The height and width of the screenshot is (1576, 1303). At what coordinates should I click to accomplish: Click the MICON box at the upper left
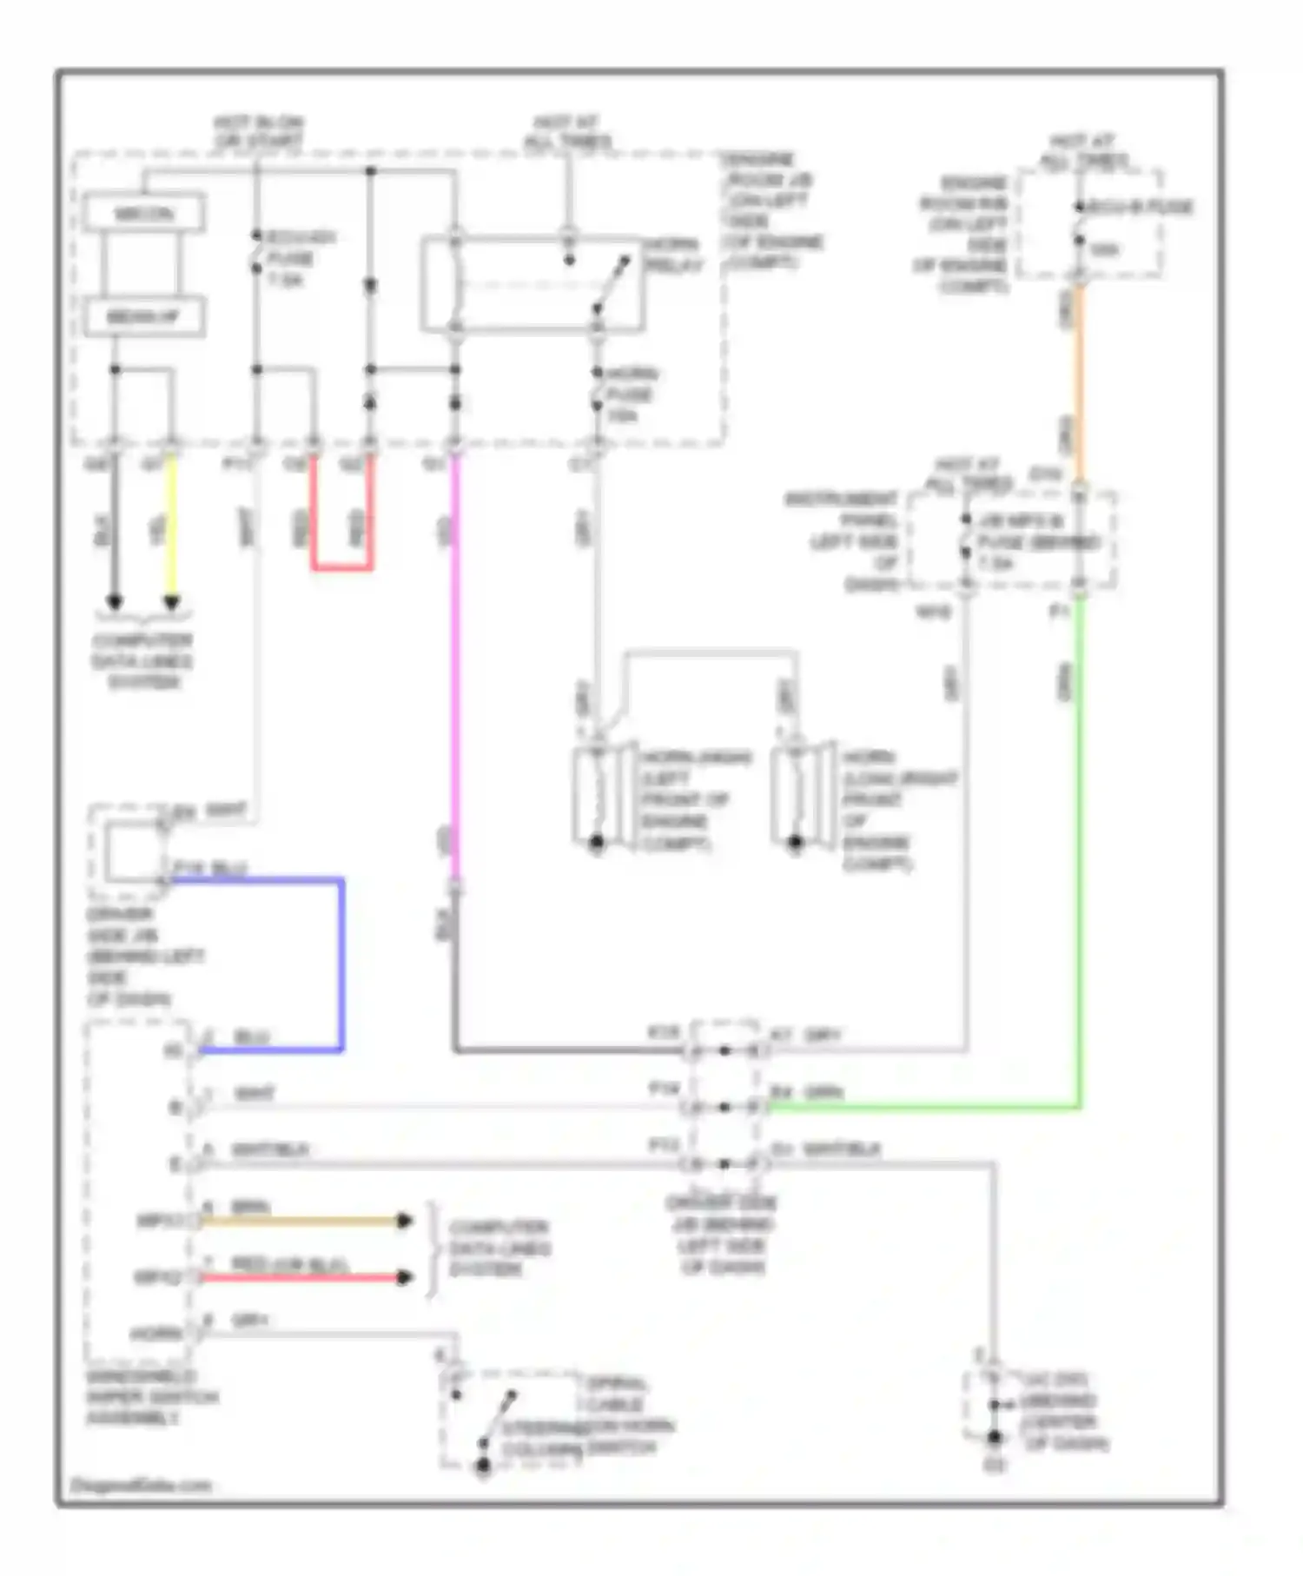coord(143,213)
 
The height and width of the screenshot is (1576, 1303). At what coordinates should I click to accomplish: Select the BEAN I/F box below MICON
coord(143,317)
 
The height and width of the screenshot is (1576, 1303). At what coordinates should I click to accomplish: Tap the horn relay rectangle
coord(532,284)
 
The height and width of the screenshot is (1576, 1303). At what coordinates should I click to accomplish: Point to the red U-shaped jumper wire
coord(342,568)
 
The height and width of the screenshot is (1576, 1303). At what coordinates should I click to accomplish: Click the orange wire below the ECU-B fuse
coord(1079,382)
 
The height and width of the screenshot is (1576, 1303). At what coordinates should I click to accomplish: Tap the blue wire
coord(341,964)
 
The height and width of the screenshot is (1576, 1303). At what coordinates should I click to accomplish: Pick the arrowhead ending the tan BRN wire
coord(404,1221)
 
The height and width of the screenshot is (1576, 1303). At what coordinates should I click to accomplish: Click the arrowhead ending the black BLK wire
coord(115,601)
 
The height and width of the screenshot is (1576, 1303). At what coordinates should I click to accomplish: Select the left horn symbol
coord(597,795)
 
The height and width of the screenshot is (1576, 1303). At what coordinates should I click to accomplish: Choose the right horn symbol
coord(795,795)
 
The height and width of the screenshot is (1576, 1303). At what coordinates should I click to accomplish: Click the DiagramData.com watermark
coord(141,1485)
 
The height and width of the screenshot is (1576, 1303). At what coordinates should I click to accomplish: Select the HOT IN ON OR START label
coord(258,131)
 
